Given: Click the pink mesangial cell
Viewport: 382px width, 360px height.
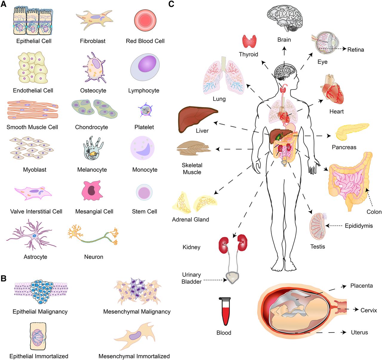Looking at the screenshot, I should tap(92, 191).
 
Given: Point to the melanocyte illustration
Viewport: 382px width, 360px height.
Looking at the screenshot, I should tap(93, 148).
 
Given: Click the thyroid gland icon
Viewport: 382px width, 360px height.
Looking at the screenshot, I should tap(249, 41).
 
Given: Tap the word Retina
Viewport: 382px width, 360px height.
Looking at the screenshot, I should tap(355, 50).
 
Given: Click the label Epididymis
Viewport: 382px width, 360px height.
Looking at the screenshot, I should tap(359, 226).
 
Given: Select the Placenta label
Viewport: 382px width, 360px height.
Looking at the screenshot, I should tap(361, 286).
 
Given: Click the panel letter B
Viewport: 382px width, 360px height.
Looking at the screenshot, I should tap(4, 278).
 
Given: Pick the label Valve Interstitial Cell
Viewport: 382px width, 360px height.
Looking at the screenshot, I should tap(36, 211).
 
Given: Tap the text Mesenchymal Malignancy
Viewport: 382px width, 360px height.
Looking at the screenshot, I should tap(137, 311).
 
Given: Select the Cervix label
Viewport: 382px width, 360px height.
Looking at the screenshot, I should tap(369, 310).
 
